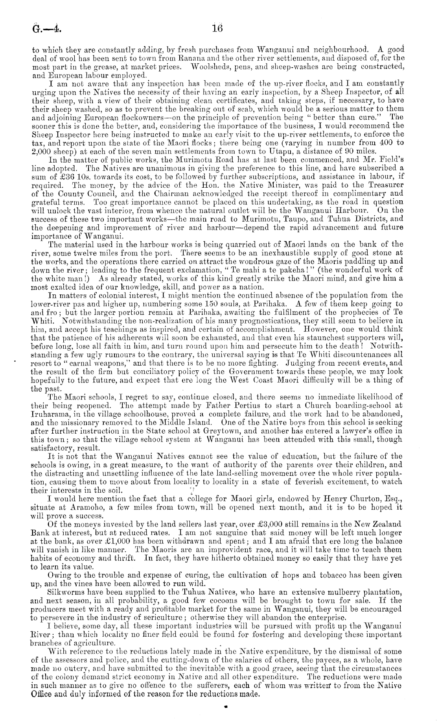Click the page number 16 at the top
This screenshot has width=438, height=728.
click(217, 28)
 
